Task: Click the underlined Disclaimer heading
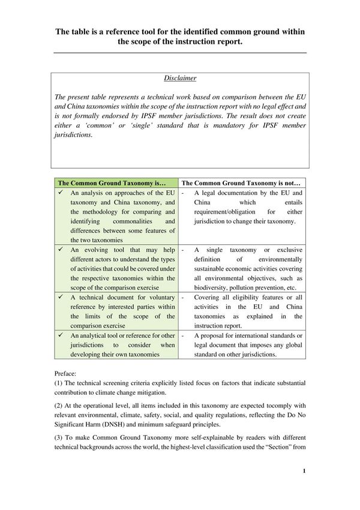click(x=180, y=78)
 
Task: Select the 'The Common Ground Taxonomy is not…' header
click(x=240, y=182)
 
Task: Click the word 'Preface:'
click(x=66, y=373)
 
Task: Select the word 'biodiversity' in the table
click(x=211, y=287)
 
